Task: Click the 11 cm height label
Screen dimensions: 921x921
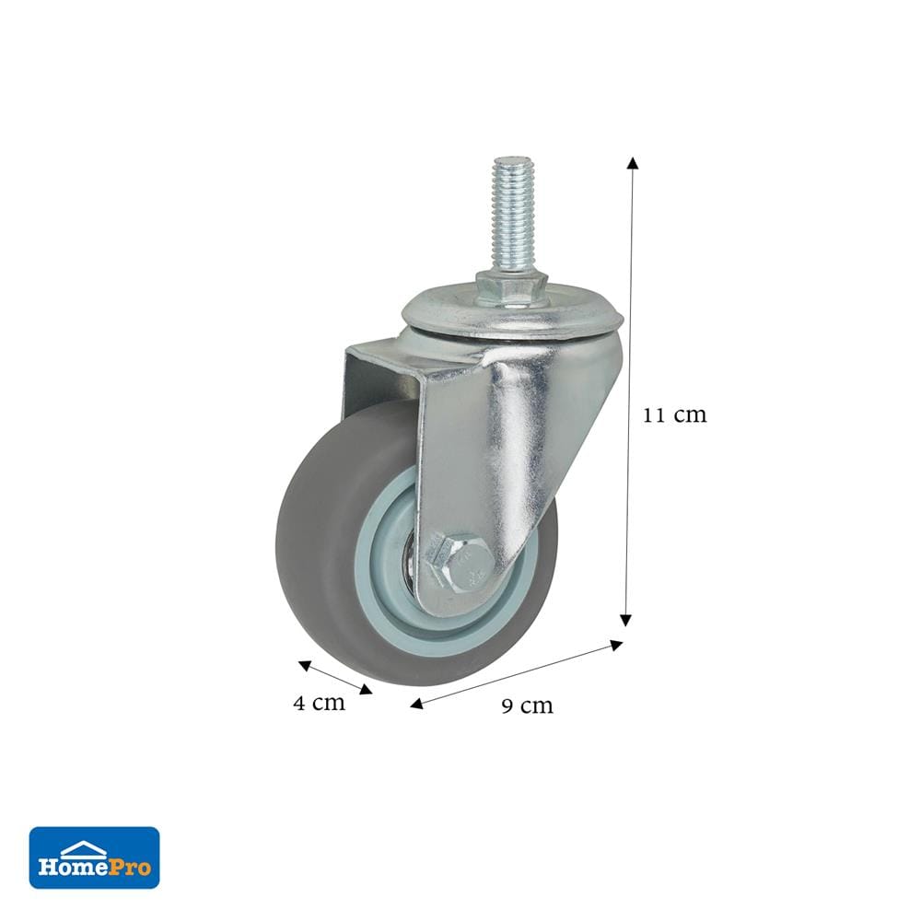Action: pos(674,414)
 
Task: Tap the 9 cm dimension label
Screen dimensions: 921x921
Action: pos(528,705)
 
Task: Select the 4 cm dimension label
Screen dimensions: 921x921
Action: pos(319,702)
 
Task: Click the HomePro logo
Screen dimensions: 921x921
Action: pos(95,857)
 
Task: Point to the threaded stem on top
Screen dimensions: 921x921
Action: pos(510,215)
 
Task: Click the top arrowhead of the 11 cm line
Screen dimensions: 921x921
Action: pos(633,163)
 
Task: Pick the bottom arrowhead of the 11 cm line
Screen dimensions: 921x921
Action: pos(626,620)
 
